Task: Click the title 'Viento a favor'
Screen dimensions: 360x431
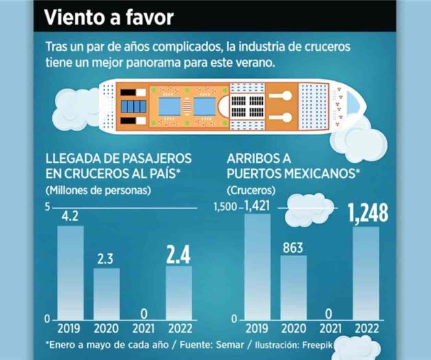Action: tap(108, 17)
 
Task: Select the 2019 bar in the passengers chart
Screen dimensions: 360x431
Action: tap(70, 272)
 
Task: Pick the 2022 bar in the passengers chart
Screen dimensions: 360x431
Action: tap(178, 292)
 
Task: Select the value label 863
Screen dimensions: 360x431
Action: tap(293, 247)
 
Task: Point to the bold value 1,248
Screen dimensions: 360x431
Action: tap(368, 213)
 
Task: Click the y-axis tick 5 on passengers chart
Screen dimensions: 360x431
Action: tap(48, 207)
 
